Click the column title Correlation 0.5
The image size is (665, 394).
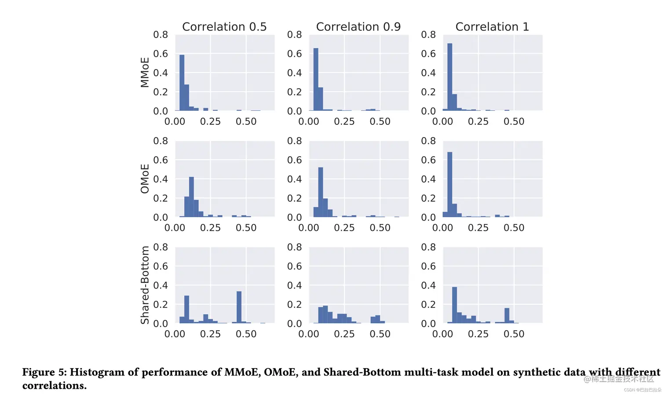224,27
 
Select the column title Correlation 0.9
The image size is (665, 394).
358,27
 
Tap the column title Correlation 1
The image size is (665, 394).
492,27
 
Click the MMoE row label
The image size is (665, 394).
145,73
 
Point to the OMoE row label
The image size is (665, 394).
145,179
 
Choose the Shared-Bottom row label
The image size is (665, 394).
145,285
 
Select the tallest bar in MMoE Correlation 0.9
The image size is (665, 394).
315,80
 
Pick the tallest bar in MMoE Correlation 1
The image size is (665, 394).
449,77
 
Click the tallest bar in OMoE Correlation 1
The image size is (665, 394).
449,185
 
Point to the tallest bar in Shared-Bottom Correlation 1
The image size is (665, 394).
454,305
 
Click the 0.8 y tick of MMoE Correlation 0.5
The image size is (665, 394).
161,35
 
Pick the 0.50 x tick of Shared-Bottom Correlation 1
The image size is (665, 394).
514,334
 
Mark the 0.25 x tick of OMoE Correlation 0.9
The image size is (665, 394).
344,228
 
